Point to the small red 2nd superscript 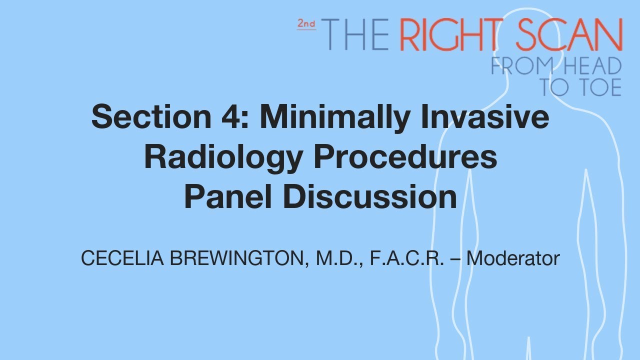point(306,23)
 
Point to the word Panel point(228,197)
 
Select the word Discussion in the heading point(370,197)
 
